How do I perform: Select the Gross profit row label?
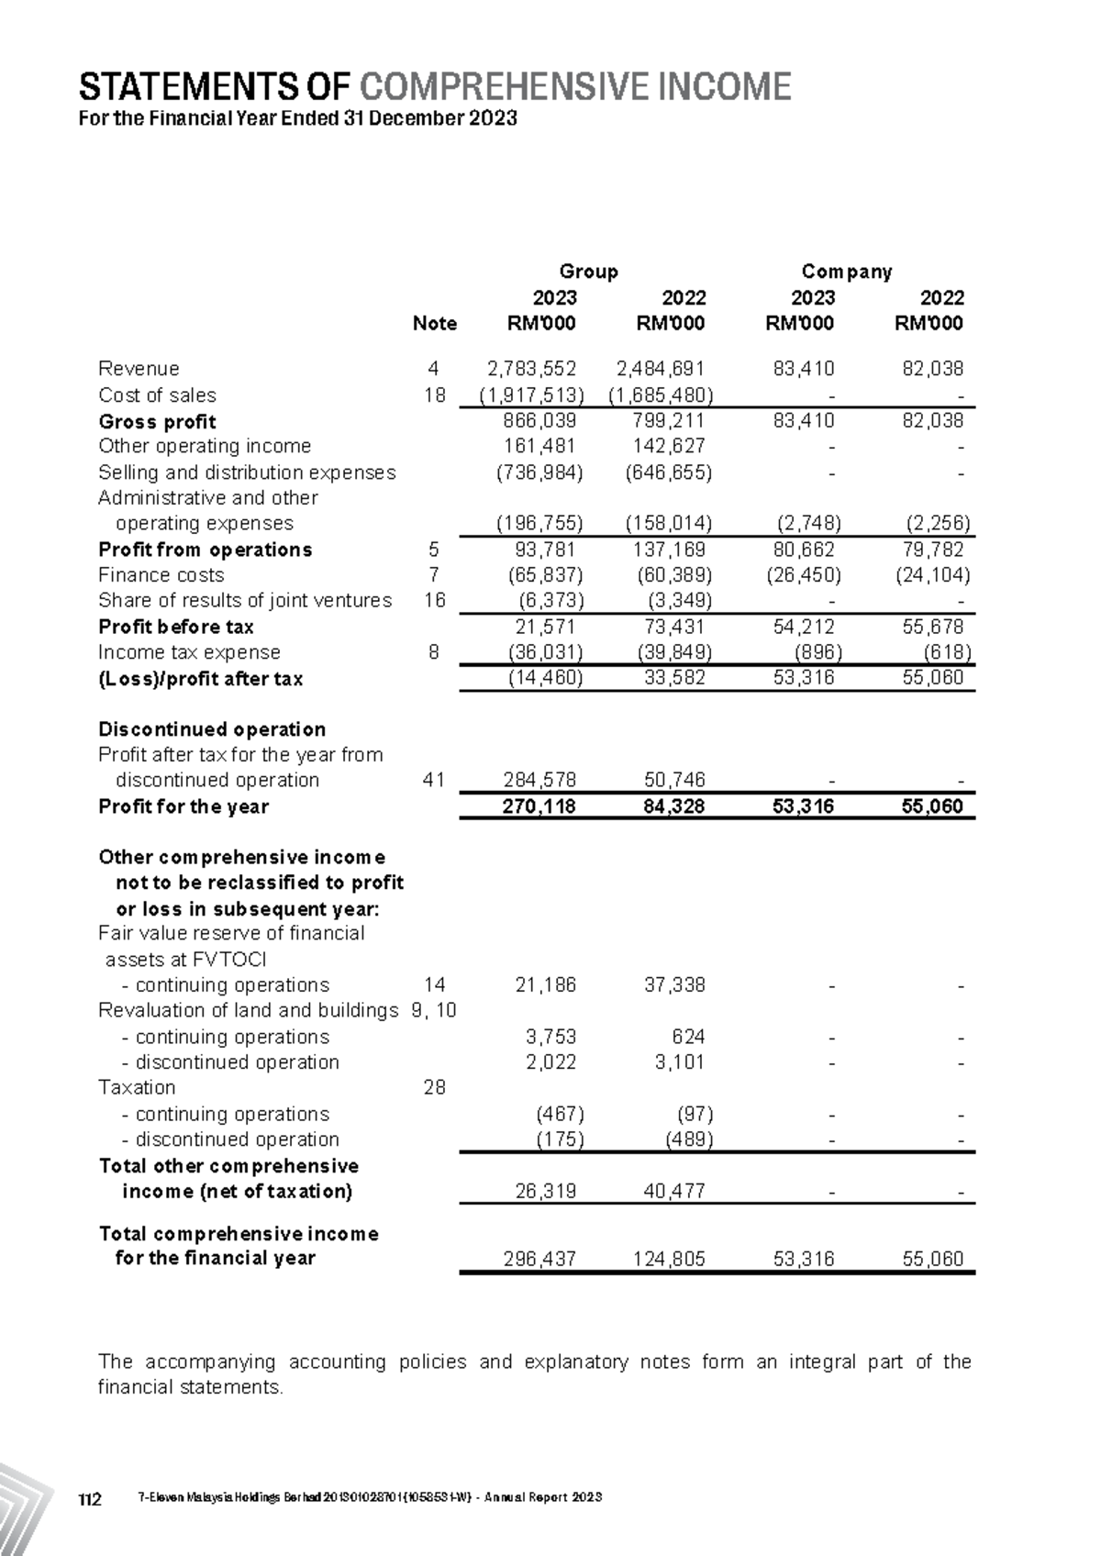[157, 422]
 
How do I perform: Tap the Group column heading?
[588, 272]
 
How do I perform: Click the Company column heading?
[846, 272]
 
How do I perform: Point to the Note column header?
[434, 323]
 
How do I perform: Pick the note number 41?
[434, 780]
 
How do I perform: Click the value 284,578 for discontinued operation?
[539, 780]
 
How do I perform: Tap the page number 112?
[89, 1499]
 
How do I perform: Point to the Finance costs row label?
[161, 575]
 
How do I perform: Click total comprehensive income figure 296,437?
[539, 1259]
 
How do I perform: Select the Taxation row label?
[137, 1087]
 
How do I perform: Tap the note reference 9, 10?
[434, 1010]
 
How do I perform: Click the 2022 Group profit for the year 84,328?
[673, 806]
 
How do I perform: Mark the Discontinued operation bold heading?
[212, 729]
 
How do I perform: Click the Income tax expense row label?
[189, 652]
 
